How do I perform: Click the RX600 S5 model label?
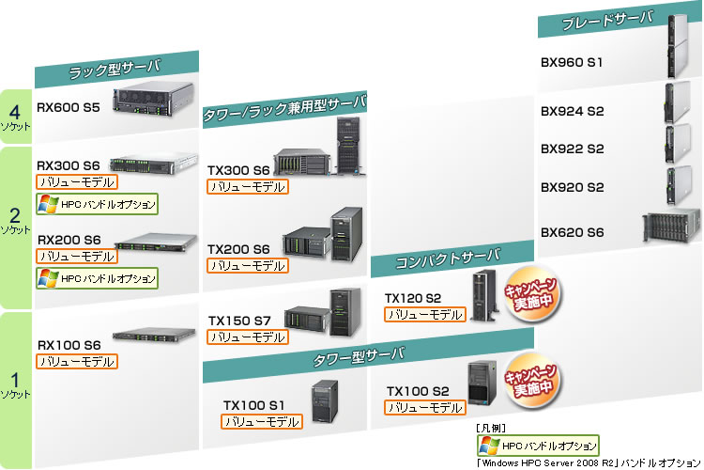click(69, 108)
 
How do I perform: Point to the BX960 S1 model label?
click(572, 63)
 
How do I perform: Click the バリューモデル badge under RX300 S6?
click(76, 180)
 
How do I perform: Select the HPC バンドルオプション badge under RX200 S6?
click(97, 277)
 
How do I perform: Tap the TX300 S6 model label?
click(238, 170)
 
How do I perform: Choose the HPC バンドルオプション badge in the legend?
click(538, 446)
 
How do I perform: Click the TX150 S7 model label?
click(238, 321)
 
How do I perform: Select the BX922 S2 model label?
click(572, 149)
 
